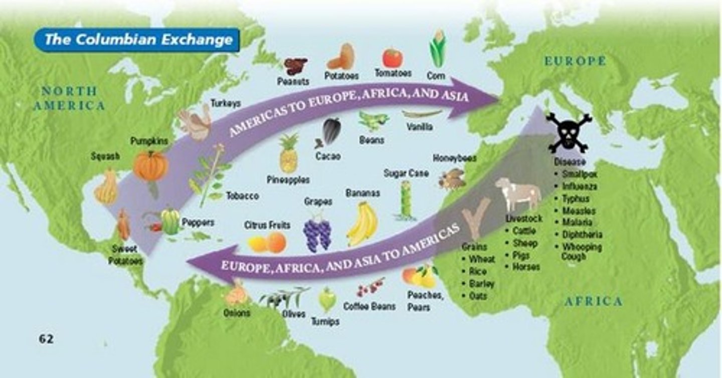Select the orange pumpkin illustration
(x=150, y=167)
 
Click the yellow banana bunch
(x=363, y=224)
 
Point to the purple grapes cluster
(x=317, y=234)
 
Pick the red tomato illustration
(x=393, y=58)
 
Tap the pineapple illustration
(x=288, y=154)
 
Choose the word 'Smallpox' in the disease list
(x=579, y=174)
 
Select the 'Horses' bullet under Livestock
(x=526, y=267)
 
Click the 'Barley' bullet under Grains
(x=481, y=284)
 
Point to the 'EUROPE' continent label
(x=576, y=62)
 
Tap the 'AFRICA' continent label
(x=594, y=302)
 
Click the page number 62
(x=46, y=339)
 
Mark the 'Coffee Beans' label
(x=370, y=306)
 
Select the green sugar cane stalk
(x=406, y=201)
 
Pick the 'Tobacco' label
(x=242, y=196)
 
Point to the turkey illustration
(x=196, y=123)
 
